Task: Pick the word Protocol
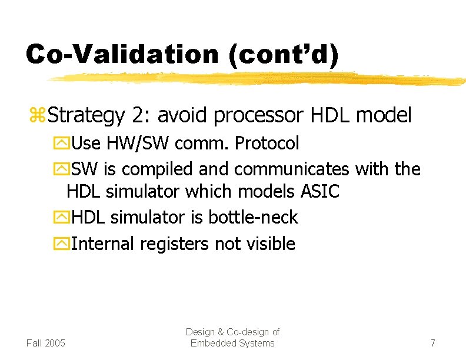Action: pyautogui.click(x=267, y=143)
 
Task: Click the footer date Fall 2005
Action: pyautogui.click(x=46, y=343)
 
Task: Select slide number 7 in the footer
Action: pyautogui.click(x=432, y=343)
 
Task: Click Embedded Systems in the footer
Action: pyautogui.click(x=232, y=343)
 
